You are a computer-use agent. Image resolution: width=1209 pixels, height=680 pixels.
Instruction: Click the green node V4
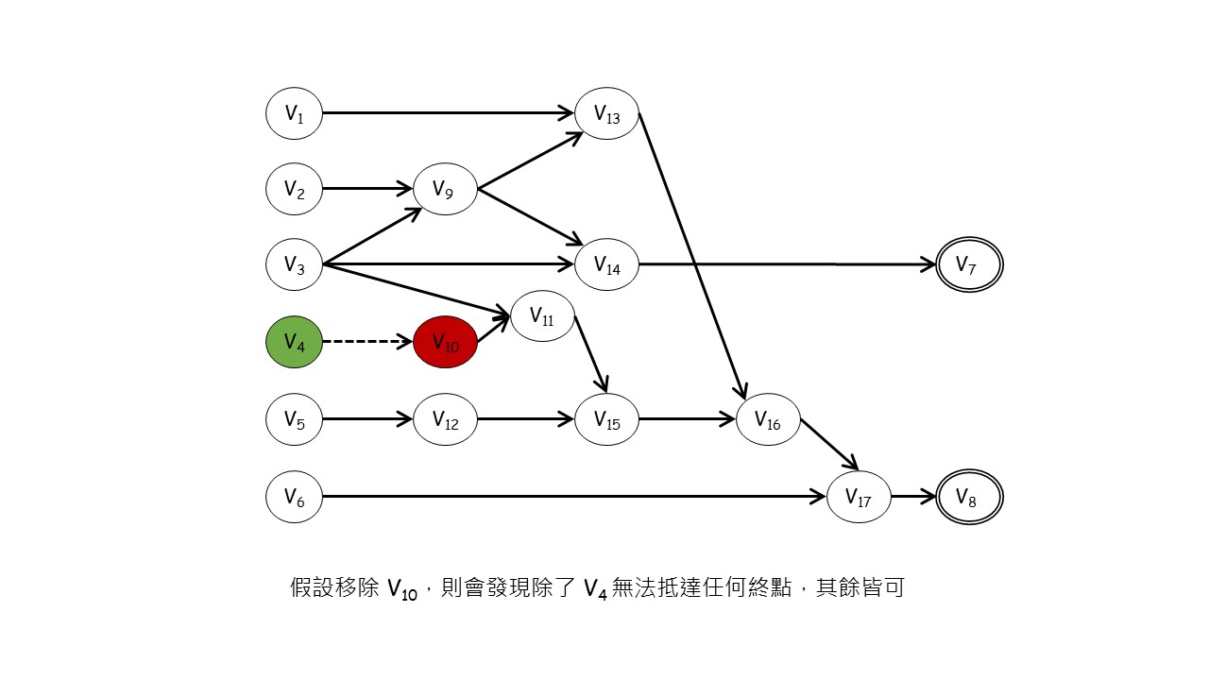point(294,342)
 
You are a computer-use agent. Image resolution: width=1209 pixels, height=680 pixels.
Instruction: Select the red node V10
point(445,342)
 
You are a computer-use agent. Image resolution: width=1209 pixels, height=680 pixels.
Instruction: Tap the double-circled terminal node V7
point(969,265)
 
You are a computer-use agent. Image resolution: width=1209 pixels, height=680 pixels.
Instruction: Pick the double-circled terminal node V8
point(969,497)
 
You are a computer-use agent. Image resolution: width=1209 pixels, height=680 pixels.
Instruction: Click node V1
point(294,113)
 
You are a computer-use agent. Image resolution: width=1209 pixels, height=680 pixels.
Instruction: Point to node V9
point(445,189)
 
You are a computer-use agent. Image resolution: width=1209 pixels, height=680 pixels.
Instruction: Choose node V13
point(607,113)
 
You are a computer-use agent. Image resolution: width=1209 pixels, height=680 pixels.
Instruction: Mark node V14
point(607,265)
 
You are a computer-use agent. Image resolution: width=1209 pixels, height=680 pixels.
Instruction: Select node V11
point(542,316)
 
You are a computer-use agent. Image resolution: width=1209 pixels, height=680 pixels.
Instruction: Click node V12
point(445,419)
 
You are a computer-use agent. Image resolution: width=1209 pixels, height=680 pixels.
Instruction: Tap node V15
point(607,419)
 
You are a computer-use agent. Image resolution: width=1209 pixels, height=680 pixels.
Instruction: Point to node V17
point(859,497)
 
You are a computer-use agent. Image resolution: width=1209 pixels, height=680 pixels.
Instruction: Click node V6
point(294,497)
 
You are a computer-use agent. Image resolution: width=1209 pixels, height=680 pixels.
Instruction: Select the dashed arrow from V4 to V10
point(368,342)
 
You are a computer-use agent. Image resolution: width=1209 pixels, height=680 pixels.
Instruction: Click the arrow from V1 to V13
point(449,113)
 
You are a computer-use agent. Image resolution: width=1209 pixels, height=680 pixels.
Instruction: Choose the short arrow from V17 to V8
point(913,497)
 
